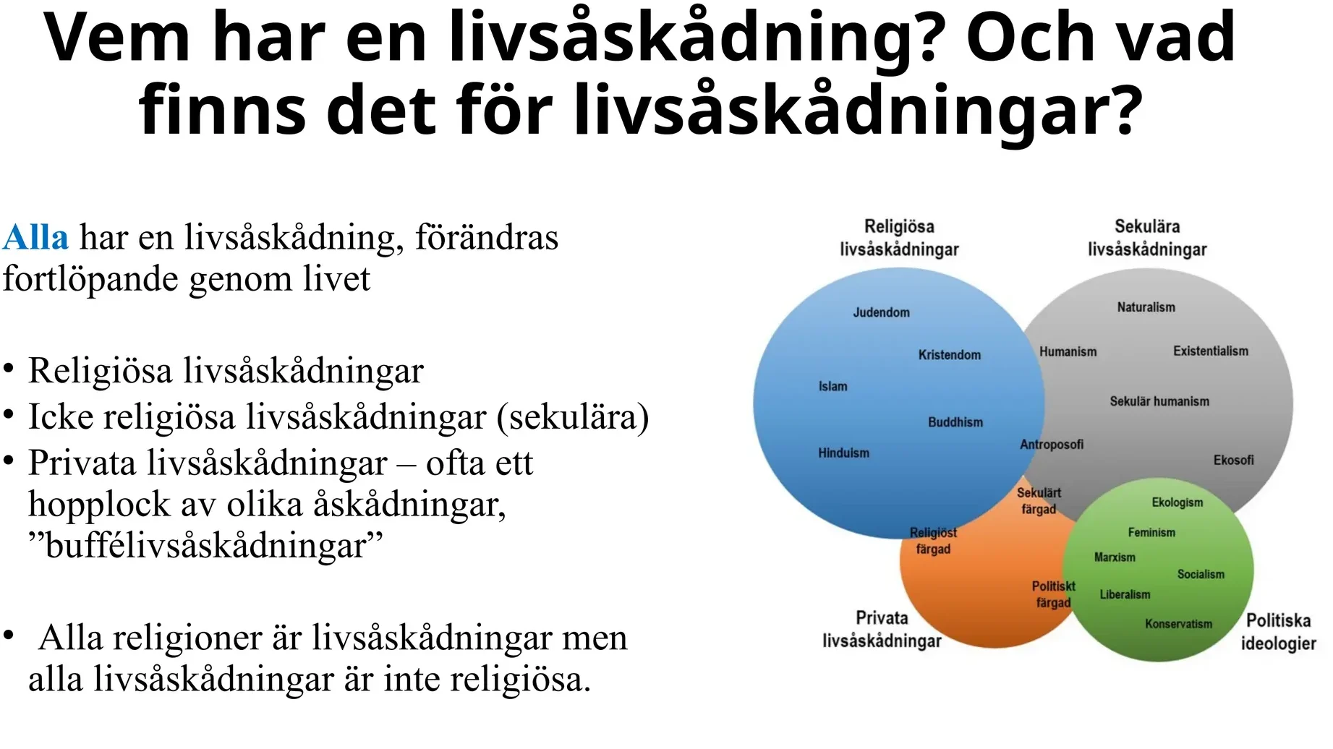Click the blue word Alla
click(35, 237)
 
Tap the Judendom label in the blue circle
click(881, 312)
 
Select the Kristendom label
click(950, 355)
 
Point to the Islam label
click(832, 387)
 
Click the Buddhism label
click(955, 422)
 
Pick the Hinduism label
click(843, 453)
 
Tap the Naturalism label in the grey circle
click(1146, 307)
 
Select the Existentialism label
click(1210, 351)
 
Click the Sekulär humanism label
click(1159, 401)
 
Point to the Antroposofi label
click(1052, 445)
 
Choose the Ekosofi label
click(1233, 460)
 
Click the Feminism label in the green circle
click(1151, 533)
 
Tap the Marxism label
click(1115, 557)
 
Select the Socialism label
click(1201, 575)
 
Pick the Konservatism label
click(1178, 624)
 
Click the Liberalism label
click(1125, 595)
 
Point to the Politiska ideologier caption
click(1278, 632)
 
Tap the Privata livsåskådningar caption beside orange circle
click(882, 629)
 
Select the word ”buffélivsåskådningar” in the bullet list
click(205, 546)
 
